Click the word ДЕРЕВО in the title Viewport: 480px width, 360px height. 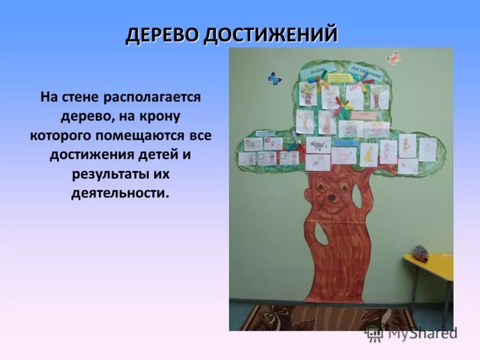[162, 35]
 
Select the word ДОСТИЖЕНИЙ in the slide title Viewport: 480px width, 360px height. [270, 35]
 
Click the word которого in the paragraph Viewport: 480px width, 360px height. [58, 135]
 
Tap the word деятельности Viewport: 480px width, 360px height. [120, 194]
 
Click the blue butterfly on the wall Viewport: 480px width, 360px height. [275, 78]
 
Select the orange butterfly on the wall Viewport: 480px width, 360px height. [394, 58]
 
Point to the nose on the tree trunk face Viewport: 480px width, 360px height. [331, 197]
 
